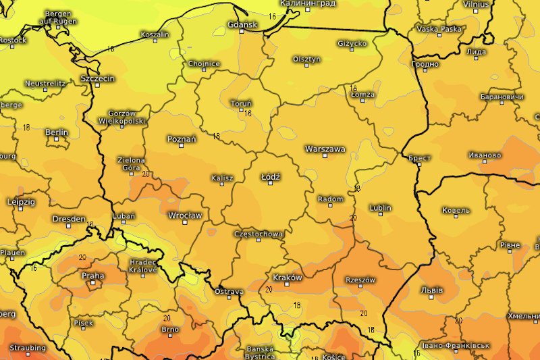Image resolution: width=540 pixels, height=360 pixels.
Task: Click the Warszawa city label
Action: pyautogui.click(x=325, y=149)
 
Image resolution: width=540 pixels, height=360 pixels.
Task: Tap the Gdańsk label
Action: pyautogui.click(x=243, y=25)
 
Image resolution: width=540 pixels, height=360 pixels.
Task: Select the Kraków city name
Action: pyautogui.click(x=287, y=278)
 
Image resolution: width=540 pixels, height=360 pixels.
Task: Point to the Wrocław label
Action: pyautogui.click(x=184, y=216)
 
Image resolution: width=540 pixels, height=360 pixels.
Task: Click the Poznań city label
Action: pyautogui.click(x=182, y=139)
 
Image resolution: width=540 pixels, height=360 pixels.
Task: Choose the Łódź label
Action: pyautogui.click(x=271, y=176)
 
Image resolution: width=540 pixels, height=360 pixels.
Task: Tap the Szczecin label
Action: pyautogui.click(x=97, y=78)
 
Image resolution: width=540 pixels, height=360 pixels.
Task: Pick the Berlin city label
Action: pyautogui.click(x=57, y=132)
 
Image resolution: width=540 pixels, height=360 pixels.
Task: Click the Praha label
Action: pyautogui.click(x=92, y=276)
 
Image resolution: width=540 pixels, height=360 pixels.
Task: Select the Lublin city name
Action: pyautogui.click(x=381, y=207)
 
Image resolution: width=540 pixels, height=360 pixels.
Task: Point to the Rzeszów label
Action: pyautogui.click(x=360, y=280)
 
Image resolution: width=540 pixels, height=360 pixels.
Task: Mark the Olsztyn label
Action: pyautogui.click(x=306, y=59)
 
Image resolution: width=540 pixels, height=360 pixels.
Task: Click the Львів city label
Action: pyautogui.click(x=432, y=290)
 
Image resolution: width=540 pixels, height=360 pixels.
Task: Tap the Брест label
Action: pyautogui.click(x=419, y=157)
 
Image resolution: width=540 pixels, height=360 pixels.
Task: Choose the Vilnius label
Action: pyautogui.click(x=476, y=4)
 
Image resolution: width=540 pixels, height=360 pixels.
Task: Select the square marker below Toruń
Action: pyautogui.click(x=241, y=110)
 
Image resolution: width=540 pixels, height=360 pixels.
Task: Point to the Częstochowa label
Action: pyautogui.click(x=258, y=234)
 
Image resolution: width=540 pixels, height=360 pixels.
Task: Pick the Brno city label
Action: pyautogui.click(x=169, y=330)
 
